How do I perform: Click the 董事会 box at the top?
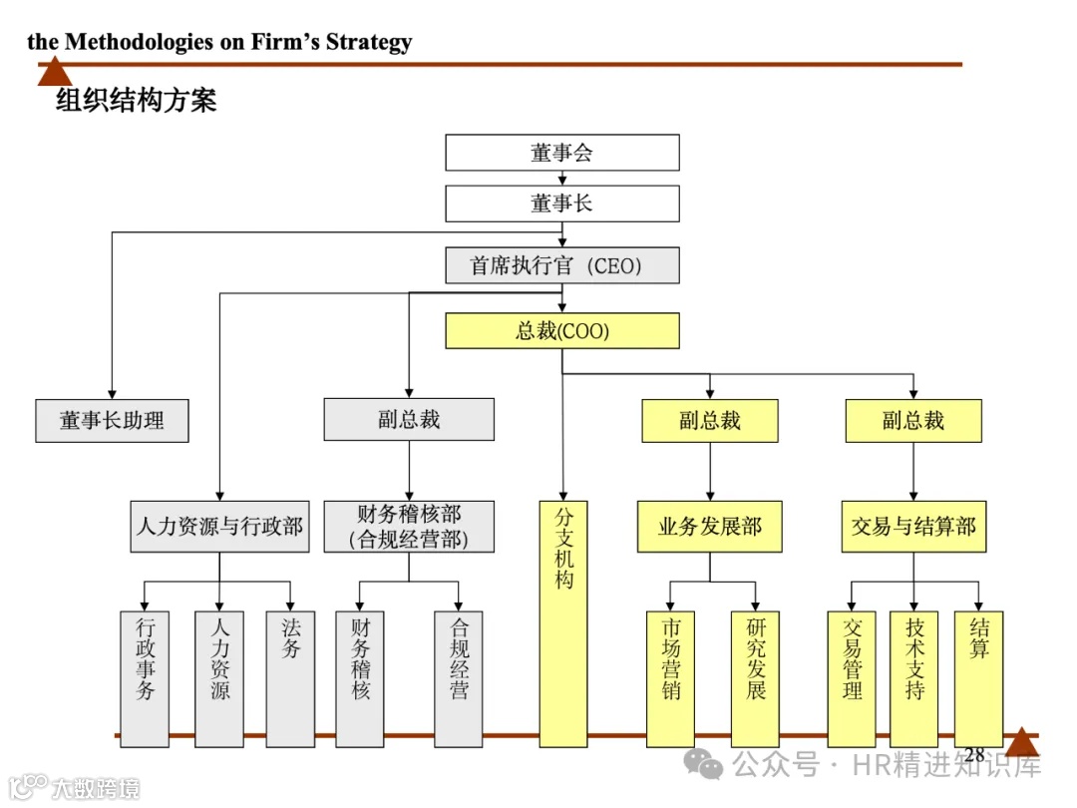click(x=561, y=153)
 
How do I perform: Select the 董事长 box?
click(x=561, y=203)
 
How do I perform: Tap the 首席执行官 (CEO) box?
click(x=561, y=266)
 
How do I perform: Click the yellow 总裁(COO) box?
click(x=561, y=331)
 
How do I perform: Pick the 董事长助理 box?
click(x=112, y=420)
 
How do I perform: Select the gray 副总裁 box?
click(x=408, y=420)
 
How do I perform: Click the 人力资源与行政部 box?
click(x=219, y=527)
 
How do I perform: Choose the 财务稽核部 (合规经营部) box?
click(x=408, y=527)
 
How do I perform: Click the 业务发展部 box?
click(x=710, y=527)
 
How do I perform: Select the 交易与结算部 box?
click(x=913, y=527)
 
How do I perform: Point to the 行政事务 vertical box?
click(x=146, y=678)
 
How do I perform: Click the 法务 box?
click(x=290, y=678)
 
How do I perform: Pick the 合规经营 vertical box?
click(x=459, y=678)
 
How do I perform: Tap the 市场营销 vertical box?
click(x=671, y=678)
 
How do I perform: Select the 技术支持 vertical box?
click(x=914, y=678)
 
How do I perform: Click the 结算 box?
click(x=978, y=678)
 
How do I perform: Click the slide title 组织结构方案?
click(x=136, y=101)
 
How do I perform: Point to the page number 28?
click(x=974, y=755)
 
